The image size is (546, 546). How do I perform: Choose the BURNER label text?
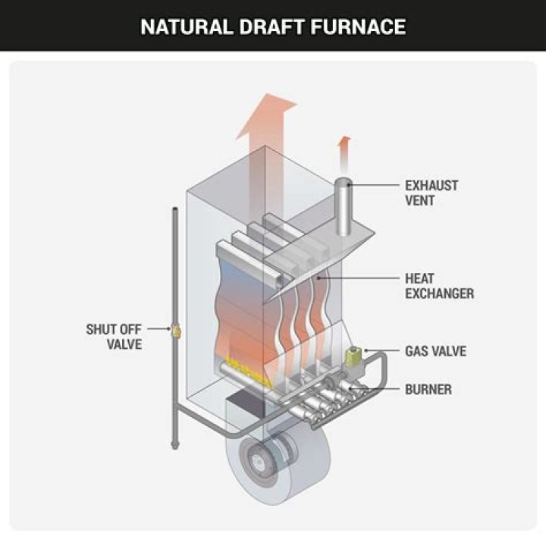pyautogui.click(x=428, y=390)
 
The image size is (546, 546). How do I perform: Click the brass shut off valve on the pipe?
pyautogui.click(x=177, y=330)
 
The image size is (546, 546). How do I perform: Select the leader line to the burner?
pyautogui.click(x=383, y=390)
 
